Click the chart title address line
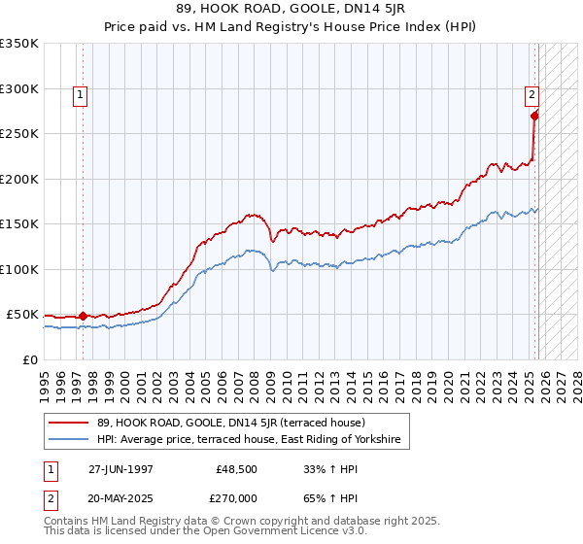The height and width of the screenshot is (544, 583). coord(291,9)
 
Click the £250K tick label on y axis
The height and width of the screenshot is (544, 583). coord(19,133)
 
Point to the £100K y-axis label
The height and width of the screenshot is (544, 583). coord(19,269)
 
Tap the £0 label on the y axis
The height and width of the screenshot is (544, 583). coord(30,359)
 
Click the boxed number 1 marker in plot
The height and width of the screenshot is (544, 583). coord(80,95)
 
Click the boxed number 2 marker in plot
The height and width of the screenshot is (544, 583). coord(532,95)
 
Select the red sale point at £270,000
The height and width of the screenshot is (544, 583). coord(534,116)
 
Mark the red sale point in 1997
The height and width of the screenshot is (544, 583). coord(83,316)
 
